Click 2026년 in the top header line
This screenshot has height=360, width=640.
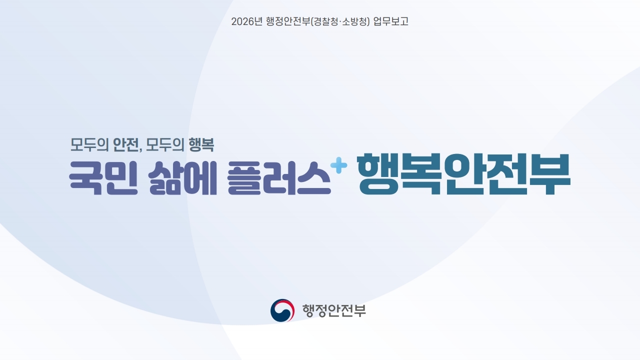[246, 21]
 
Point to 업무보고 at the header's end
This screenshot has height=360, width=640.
[391, 21]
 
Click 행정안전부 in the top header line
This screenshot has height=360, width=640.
[288, 21]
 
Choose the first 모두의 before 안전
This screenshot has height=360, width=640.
[89, 144]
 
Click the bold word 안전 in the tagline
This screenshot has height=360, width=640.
[125, 144]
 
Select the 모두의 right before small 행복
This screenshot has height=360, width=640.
[165, 144]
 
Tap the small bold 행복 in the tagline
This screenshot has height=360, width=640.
[201, 144]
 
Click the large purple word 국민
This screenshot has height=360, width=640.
[103, 177]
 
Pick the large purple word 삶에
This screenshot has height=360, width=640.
[183, 177]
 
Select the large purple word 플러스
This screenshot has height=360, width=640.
[279, 177]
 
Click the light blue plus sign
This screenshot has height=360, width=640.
[338, 165]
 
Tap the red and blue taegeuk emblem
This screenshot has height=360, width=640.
[282, 310]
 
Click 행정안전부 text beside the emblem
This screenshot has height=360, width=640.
[334, 310]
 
